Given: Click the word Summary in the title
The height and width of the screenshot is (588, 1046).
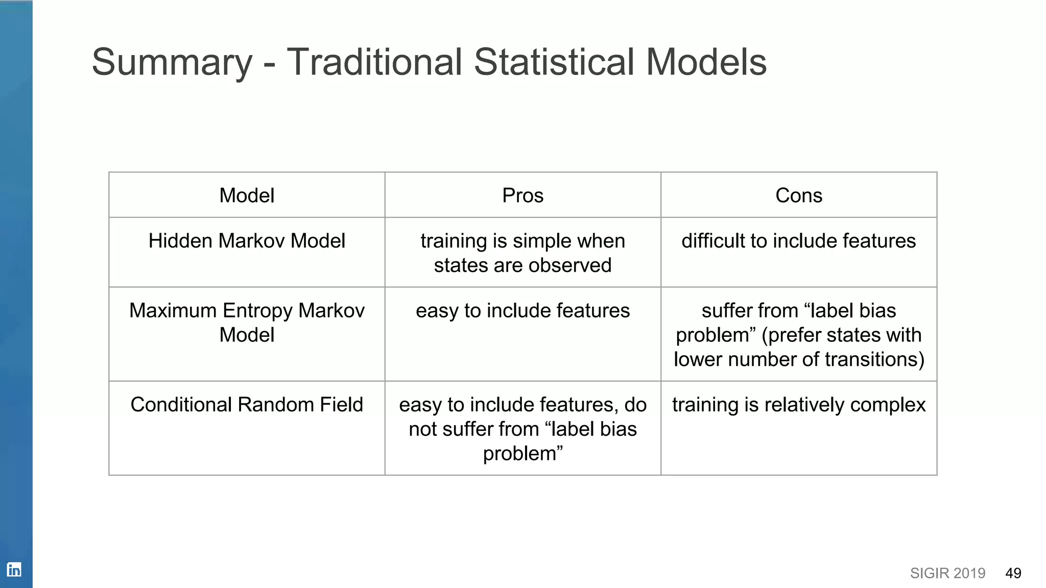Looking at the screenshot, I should tap(172, 62).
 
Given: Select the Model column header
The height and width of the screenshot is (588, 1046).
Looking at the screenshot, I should tap(247, 195).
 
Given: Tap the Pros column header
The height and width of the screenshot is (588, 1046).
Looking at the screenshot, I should tap(522, 195).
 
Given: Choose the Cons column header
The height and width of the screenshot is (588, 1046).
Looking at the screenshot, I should tap(798, 195).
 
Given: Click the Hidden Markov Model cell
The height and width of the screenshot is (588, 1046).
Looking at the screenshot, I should tap(247, 241).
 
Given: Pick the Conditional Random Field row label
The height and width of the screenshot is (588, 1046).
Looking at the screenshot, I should tap(247, 405).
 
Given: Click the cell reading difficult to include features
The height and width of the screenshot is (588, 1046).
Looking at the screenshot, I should tap(798, 241).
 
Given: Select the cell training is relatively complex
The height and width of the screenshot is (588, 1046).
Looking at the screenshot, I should tap(798, 405).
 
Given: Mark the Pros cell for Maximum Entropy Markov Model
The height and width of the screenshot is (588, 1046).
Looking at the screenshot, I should tap(522, 311).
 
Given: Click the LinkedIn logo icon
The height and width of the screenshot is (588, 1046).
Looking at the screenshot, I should tap(14, 569).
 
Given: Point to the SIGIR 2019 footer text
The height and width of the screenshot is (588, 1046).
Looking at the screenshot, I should tap(947, 573).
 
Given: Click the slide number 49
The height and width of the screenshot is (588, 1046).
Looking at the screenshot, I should tap(1013, 573).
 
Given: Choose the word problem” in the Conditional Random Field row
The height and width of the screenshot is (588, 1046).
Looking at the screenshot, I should tap(522, 454).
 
